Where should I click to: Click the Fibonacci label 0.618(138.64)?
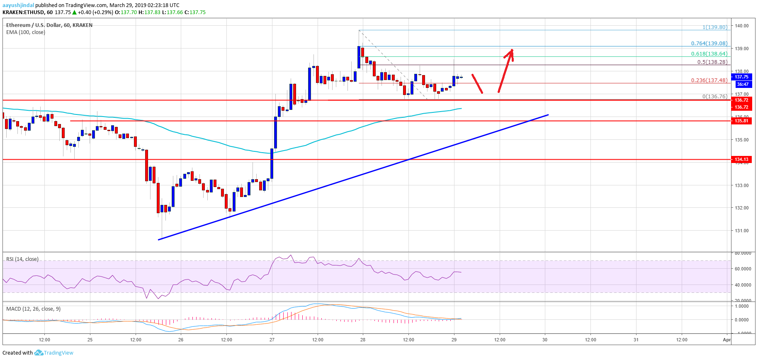click(709, 54)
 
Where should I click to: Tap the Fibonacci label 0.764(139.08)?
click(709, 44)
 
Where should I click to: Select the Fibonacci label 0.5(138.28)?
click(712, 62)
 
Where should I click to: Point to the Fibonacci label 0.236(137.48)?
click(709, 80)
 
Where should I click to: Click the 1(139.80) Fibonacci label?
click(714, 27)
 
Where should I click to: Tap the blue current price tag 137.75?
click(741, 77)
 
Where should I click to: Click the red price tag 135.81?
click(741, 121)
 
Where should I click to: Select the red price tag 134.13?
click(741, 159)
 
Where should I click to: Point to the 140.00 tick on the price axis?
click(741, 26)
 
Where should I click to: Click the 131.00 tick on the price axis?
click(741, 231)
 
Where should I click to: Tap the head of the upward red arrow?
click(512, 51)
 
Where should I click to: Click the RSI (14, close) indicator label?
click(22, 259)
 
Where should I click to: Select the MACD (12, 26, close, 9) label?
click(33, 309)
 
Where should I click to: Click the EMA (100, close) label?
click(26, 32)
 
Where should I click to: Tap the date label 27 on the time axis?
click(272, 340)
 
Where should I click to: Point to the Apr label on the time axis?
click(726, 340)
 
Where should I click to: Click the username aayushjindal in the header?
click(18, 5)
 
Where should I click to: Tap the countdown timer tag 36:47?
click(742, 84)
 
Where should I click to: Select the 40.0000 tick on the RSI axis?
click(743, 285)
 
